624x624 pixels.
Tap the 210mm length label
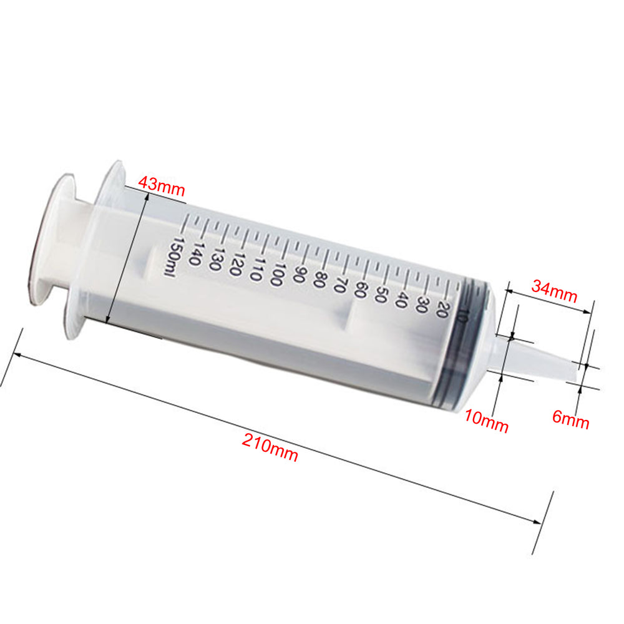(x=270, y=447)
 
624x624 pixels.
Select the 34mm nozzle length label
(x=554, y=291)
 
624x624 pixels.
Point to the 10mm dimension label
(x=486, y=421)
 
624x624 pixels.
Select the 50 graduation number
(x=381, y=295)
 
